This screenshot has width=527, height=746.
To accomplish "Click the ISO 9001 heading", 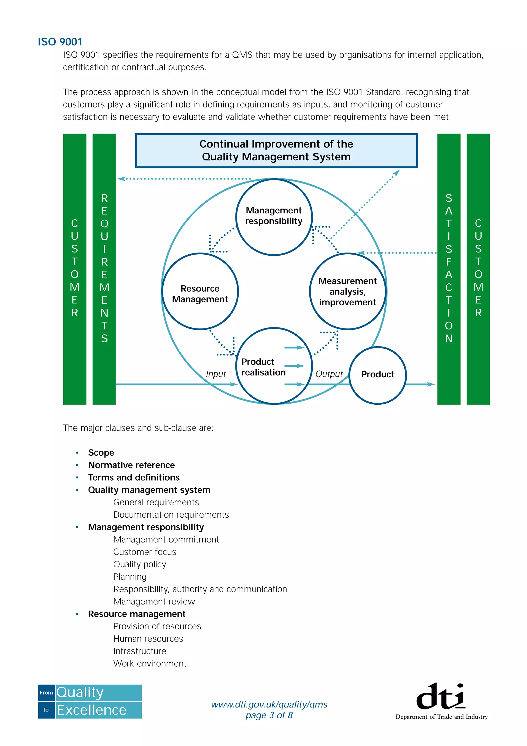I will click(x=60, y=42).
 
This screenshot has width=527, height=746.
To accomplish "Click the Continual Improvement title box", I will click(x=276, y=150).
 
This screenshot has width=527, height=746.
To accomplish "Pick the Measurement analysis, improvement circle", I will click(x=347, y=291).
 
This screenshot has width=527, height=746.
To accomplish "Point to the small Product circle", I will click(x=377, y=375).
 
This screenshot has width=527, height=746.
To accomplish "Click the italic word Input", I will click(x=216, y=374).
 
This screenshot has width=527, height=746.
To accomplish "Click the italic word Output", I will click(x=329, y=374).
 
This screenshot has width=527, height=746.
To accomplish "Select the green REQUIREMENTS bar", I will click(x=104, y=268).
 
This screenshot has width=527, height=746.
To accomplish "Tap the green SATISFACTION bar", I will click(x=449, y=268).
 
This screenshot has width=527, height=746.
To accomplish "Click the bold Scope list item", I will click(x=101, y=453).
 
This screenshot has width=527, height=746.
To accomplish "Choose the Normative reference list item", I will click(x=131, y=465).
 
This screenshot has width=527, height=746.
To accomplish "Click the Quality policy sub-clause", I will click(x=140, y=564).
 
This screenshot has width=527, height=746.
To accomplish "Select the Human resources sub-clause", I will click(x=148, y=639).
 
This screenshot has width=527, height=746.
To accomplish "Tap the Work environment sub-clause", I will click(x=150, y=663).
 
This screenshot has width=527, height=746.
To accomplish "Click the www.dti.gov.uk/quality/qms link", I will click(x=269, y=704).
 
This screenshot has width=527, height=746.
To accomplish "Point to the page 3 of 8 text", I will click(x=269, y=715).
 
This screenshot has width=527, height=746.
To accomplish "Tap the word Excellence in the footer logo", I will click(x=92, y=710).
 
